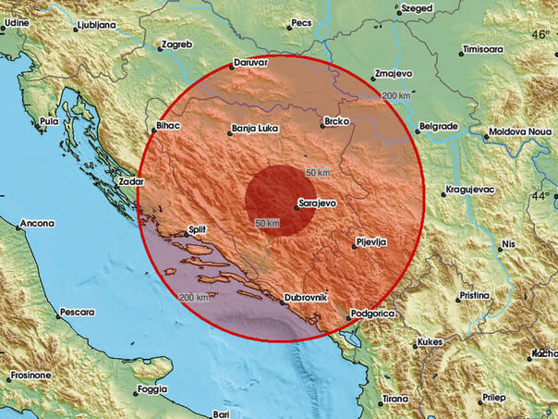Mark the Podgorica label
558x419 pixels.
pyautogui.click(x=373, y=314)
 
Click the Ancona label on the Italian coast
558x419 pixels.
pyautogui.click(x=37, y=223)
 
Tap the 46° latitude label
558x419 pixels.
pyautogui.click(x=540, y=34)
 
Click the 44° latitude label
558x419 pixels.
pyautogui.click(x=540, y=196)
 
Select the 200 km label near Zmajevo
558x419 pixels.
pyautogui.click(x=396, y=96)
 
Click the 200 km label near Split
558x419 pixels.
pyautogui.click(x=194, y=297)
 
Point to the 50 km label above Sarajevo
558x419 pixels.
pyautogui.click(x=318, y=173)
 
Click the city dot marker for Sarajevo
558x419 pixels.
pyautogui.click(x=296, y=207)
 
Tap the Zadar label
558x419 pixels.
pyautogui.click(x=130, y=182)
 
